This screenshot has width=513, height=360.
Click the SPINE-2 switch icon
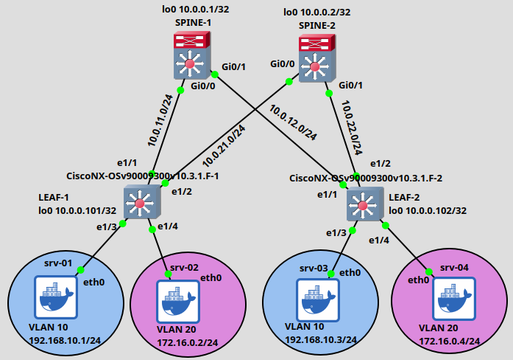316,63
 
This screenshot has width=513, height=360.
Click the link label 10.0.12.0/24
293,122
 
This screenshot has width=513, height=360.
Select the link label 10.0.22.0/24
352,127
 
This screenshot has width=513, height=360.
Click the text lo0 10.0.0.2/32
318,13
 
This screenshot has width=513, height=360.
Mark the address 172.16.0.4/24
449,341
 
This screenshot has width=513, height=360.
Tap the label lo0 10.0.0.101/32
77,210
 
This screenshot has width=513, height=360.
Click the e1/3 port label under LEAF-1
106,226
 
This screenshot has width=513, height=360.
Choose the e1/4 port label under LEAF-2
378,240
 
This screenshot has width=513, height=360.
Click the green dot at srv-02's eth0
168,274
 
